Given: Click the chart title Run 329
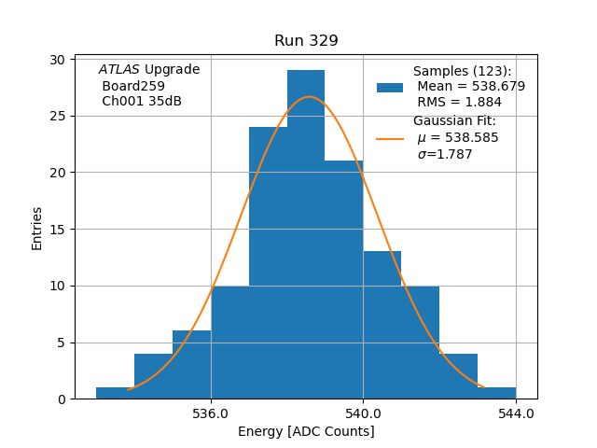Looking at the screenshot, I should pos(306,41).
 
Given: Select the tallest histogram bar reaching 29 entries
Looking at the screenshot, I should pos(306,233).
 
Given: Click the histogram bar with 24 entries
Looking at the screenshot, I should pos(268,261).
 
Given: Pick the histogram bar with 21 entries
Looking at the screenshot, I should pos(344,280).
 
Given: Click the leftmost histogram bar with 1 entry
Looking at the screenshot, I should pos(115,393).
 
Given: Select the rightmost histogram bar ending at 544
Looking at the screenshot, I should pos(496,393).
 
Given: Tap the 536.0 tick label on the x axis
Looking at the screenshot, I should pos(211,413).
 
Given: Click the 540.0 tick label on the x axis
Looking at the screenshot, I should pos(363,413).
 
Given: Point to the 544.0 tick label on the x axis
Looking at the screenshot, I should pos(516,413).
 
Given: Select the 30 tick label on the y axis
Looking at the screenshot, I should pos(58,60).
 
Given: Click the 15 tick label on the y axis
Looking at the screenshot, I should pos(58,230).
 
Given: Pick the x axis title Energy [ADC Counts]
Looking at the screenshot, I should pos(306,431).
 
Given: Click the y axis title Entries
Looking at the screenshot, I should pos(37,230).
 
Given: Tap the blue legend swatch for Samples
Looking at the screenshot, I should pos(390,87).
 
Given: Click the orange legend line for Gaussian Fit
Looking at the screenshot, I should pos(390,138).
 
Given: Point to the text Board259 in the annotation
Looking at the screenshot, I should pos(133,86).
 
